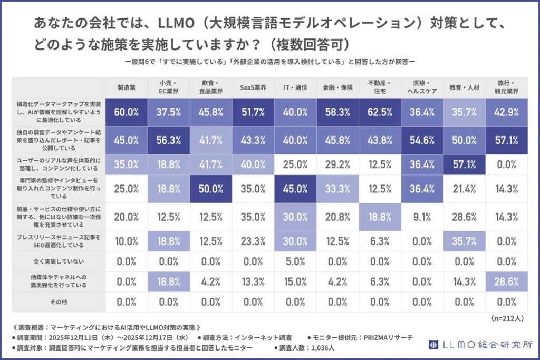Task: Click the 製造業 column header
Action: coord(127,87)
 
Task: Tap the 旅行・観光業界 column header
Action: coord(508,87)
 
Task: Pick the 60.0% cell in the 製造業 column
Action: coord(127,112)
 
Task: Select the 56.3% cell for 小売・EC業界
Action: coord(169,140)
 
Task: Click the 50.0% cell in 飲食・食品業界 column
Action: coord(211,189)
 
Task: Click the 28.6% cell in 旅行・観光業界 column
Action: coord(508,282)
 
